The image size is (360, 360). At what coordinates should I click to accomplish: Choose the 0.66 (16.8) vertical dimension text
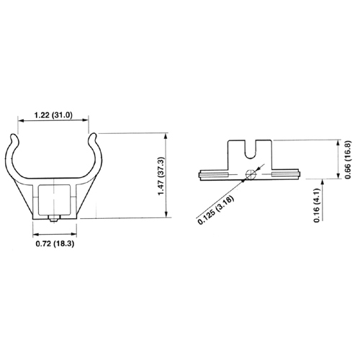348,160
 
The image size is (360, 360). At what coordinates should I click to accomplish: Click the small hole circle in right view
249,174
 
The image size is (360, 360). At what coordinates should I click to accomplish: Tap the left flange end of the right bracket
202,174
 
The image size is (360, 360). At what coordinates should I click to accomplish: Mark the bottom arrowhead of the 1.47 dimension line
168,215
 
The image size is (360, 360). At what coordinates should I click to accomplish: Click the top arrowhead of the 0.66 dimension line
338,143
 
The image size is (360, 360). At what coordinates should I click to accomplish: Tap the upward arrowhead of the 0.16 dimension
338,182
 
